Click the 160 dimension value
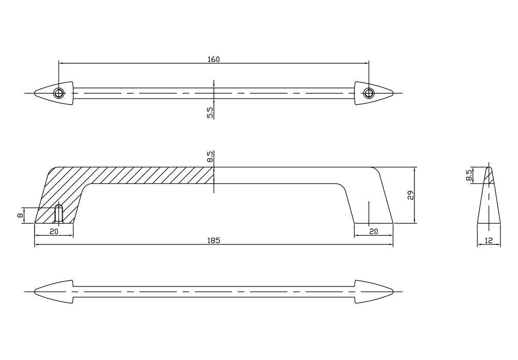tap(214, 59)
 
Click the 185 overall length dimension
tap(214, 240)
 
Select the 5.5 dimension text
tap(210, 113)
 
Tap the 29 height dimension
tap(410, 195)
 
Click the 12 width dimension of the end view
tap(488, 240)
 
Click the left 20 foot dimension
tap(53, 232)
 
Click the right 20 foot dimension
tap(373, 232)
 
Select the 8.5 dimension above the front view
tap(210, 157)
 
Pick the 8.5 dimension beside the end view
tap(469, 176)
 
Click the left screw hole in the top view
tap(59, 93)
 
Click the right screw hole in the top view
tap(368, 93)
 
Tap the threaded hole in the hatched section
tap(59, 213)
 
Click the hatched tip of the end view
tap(488, 175)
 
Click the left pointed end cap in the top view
tap(47, 93)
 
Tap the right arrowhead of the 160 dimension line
tap(367, 63)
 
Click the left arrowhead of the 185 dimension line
tap(37, 244)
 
